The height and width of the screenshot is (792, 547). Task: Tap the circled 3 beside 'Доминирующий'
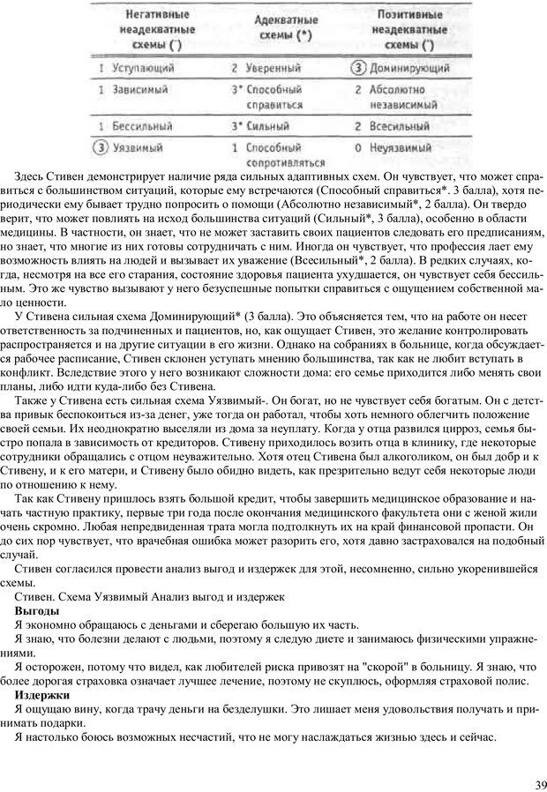(x=359, y=67)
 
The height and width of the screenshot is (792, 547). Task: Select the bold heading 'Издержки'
(x=42, y=695)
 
